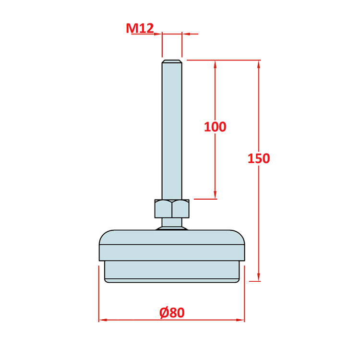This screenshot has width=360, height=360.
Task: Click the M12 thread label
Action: point(140,28)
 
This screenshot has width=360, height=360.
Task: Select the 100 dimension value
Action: point(215,127)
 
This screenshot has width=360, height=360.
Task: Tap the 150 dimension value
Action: point(259,158)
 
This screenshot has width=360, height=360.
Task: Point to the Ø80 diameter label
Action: point(172,312)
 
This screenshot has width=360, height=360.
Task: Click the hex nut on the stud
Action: point(172,209)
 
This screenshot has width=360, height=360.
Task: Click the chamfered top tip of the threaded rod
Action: point(172,61)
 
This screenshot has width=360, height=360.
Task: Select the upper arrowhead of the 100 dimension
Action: point(215,64)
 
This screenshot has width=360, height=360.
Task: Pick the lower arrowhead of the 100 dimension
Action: point(215,195)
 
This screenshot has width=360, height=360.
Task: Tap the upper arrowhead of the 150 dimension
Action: point(259,64)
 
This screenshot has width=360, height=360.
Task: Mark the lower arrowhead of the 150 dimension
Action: point(259,277)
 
